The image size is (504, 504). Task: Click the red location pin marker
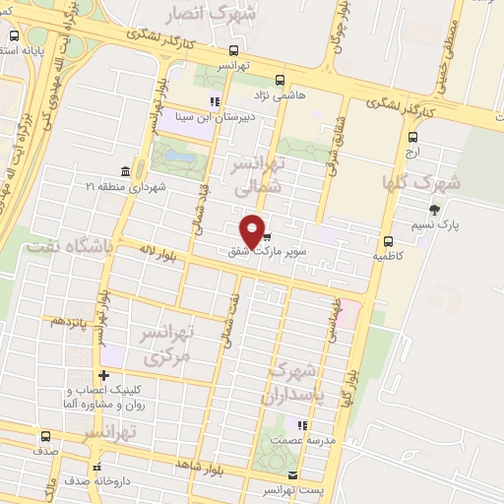253,230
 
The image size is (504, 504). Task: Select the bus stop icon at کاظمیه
387,240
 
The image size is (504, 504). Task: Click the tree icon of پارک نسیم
433,210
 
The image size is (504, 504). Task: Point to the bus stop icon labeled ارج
412,139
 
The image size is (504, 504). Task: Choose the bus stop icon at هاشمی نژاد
281,80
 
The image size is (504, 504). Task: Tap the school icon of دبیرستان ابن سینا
214,101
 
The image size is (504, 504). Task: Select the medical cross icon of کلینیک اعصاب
103,374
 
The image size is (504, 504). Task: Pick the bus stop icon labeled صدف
45,437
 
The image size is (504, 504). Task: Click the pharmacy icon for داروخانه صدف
96,468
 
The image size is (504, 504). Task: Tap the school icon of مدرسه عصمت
303,426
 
